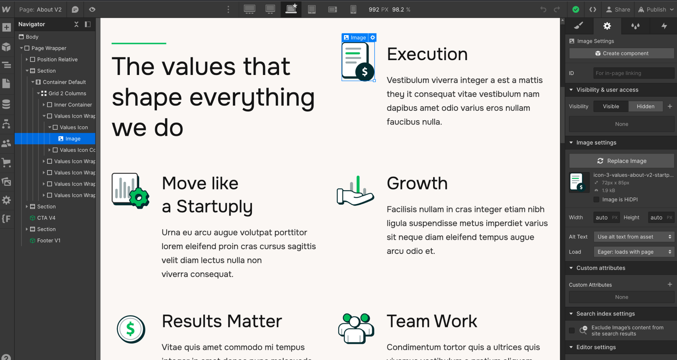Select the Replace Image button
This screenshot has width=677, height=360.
622,161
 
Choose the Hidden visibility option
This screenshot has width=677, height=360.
645,106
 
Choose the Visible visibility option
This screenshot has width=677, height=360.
611,106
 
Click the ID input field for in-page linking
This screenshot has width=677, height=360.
633,73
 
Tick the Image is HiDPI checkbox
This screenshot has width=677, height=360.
596,200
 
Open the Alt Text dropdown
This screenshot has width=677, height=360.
634,237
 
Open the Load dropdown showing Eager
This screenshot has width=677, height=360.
634,252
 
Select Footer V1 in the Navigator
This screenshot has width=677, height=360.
49,240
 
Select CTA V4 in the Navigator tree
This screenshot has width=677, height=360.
46,218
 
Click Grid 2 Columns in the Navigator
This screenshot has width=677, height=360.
67,93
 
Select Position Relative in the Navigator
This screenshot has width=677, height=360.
57,59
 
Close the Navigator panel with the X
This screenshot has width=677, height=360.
76,24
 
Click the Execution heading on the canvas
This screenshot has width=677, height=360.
427,54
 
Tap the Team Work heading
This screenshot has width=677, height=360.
432,321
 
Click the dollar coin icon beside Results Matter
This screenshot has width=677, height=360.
131,329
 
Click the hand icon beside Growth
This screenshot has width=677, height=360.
355,191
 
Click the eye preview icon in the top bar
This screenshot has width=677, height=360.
92,9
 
